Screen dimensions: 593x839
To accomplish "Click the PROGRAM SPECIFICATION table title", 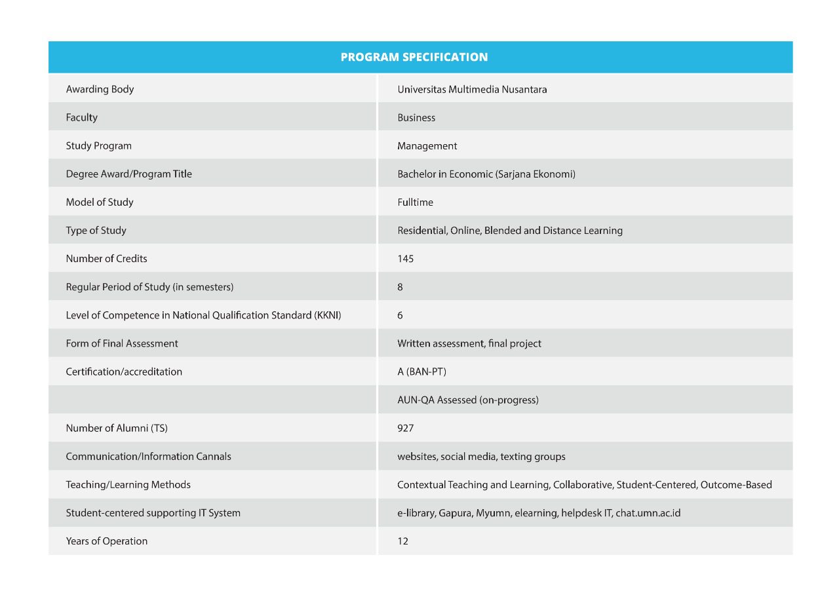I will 414,57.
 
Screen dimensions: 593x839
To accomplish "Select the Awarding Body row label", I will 100,89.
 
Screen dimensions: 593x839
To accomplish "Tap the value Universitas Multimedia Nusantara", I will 472,89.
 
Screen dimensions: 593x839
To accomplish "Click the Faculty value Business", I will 416,118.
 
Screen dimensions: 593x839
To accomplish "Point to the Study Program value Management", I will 427,146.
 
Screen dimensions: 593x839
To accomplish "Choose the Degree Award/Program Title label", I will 128,174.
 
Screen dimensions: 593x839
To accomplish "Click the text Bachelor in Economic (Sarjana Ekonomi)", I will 486,174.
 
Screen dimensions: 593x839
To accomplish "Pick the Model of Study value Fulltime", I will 415,202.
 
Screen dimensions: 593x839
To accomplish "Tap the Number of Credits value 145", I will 405,259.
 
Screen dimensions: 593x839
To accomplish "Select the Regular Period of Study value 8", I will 400,287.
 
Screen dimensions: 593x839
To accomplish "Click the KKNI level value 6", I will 400,315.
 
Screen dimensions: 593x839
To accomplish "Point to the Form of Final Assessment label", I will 122,343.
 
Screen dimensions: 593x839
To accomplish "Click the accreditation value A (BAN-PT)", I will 421,372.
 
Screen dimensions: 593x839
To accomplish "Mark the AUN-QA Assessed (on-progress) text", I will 468,400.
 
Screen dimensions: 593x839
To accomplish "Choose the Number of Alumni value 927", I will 405,428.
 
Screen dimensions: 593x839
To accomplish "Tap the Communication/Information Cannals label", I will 148,456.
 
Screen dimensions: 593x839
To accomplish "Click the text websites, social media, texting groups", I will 481,456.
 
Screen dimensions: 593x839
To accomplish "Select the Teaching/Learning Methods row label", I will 128,485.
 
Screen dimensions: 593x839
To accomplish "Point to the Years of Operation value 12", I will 402,541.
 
